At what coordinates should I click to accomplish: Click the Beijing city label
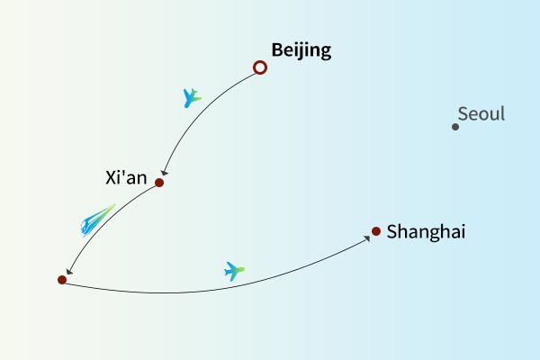[x=301, y=50]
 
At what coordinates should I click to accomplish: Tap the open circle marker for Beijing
[x=260, y=67]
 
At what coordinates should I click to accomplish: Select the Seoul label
[x=481, y=114]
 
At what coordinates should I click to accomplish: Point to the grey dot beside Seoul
[x=455, y=127]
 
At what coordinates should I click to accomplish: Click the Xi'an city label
[x=124, y=177]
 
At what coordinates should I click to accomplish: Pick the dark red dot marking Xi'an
[x=159, y=183]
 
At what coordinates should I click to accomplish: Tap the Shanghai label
[x=426, y=232]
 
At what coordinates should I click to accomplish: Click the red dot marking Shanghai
[x=376, y=231]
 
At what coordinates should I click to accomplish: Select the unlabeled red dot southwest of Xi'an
[x=62, y=280]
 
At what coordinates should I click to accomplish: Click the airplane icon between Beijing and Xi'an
[x=191, y=97]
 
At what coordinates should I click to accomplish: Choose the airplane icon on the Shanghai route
[x=234, y=270]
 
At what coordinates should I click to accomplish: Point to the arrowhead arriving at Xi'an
[x=163, y=174]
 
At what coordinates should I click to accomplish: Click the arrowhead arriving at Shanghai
[x=368, y=235]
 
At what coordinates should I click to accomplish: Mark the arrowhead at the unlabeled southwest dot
[x=67, y=271]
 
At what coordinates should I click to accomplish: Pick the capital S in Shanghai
[x=392, y=232]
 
